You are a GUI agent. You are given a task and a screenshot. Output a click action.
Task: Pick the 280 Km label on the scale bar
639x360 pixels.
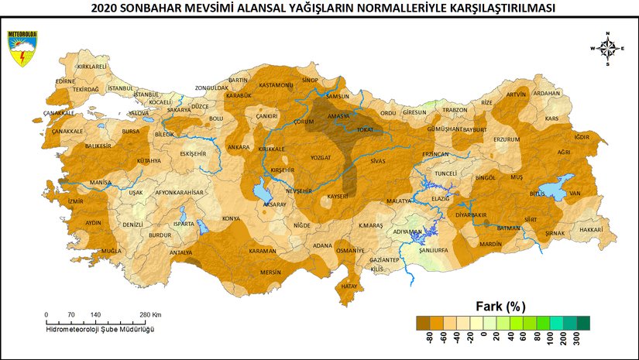pos(149,315)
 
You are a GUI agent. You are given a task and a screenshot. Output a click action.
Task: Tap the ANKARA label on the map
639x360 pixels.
pos(238,146)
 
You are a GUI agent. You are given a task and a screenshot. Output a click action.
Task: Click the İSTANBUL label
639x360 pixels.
pos(121,88)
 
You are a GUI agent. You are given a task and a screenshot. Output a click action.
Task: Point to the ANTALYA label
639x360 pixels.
pos(180,252)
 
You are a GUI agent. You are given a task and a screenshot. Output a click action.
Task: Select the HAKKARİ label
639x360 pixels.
pos(590,230)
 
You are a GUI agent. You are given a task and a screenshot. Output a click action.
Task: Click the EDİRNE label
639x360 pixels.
pos(64,81)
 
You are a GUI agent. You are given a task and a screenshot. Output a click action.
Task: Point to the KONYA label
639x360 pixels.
pos(231,218)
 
